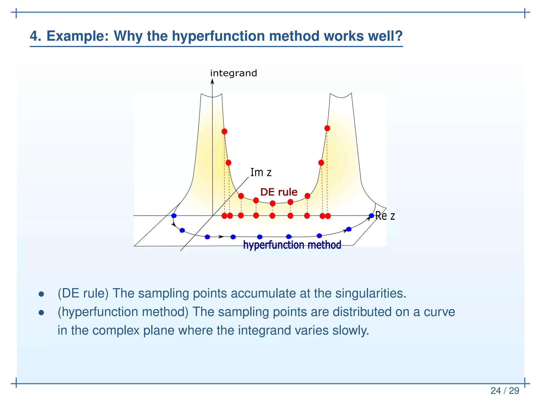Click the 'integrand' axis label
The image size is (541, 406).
click(234, 73)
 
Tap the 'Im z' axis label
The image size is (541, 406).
click(261, 173)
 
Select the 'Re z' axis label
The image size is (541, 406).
click(385, 216)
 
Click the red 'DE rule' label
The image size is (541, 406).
click(279, 192)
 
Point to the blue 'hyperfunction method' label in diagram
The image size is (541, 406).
click(292, 245)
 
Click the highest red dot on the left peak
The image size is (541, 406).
click(224, 131)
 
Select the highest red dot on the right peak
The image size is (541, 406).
click(327, 128)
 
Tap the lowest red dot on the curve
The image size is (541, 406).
click(273, 203)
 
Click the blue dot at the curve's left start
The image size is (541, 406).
click(174, 216)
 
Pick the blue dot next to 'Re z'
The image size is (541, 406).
click(371, 216)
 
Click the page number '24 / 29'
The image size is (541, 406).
click(505, 391)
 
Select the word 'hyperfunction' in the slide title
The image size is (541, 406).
click(218, 36)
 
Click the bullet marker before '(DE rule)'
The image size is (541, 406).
click(41, 294)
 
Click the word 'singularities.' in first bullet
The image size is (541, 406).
click(371, 293)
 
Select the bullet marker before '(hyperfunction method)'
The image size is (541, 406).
click(41, 313)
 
